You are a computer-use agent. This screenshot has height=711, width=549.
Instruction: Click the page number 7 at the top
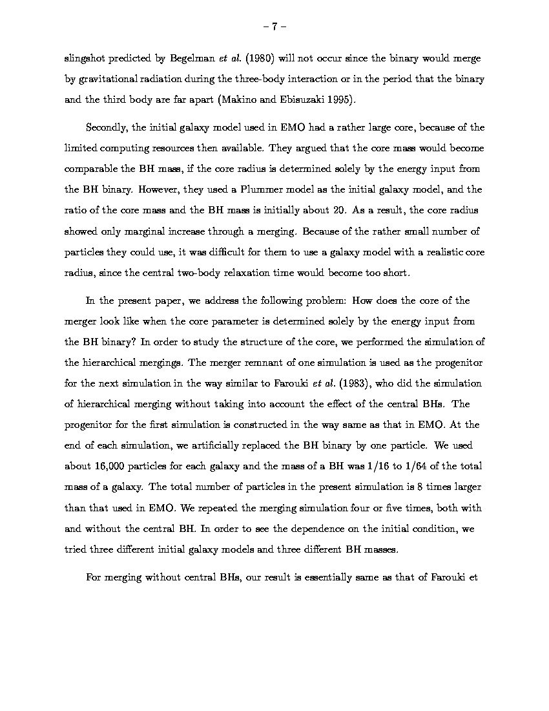point(274,27)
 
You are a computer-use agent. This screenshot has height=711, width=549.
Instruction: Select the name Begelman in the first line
point(192,58)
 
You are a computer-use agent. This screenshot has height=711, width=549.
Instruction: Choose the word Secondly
point(107,127)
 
